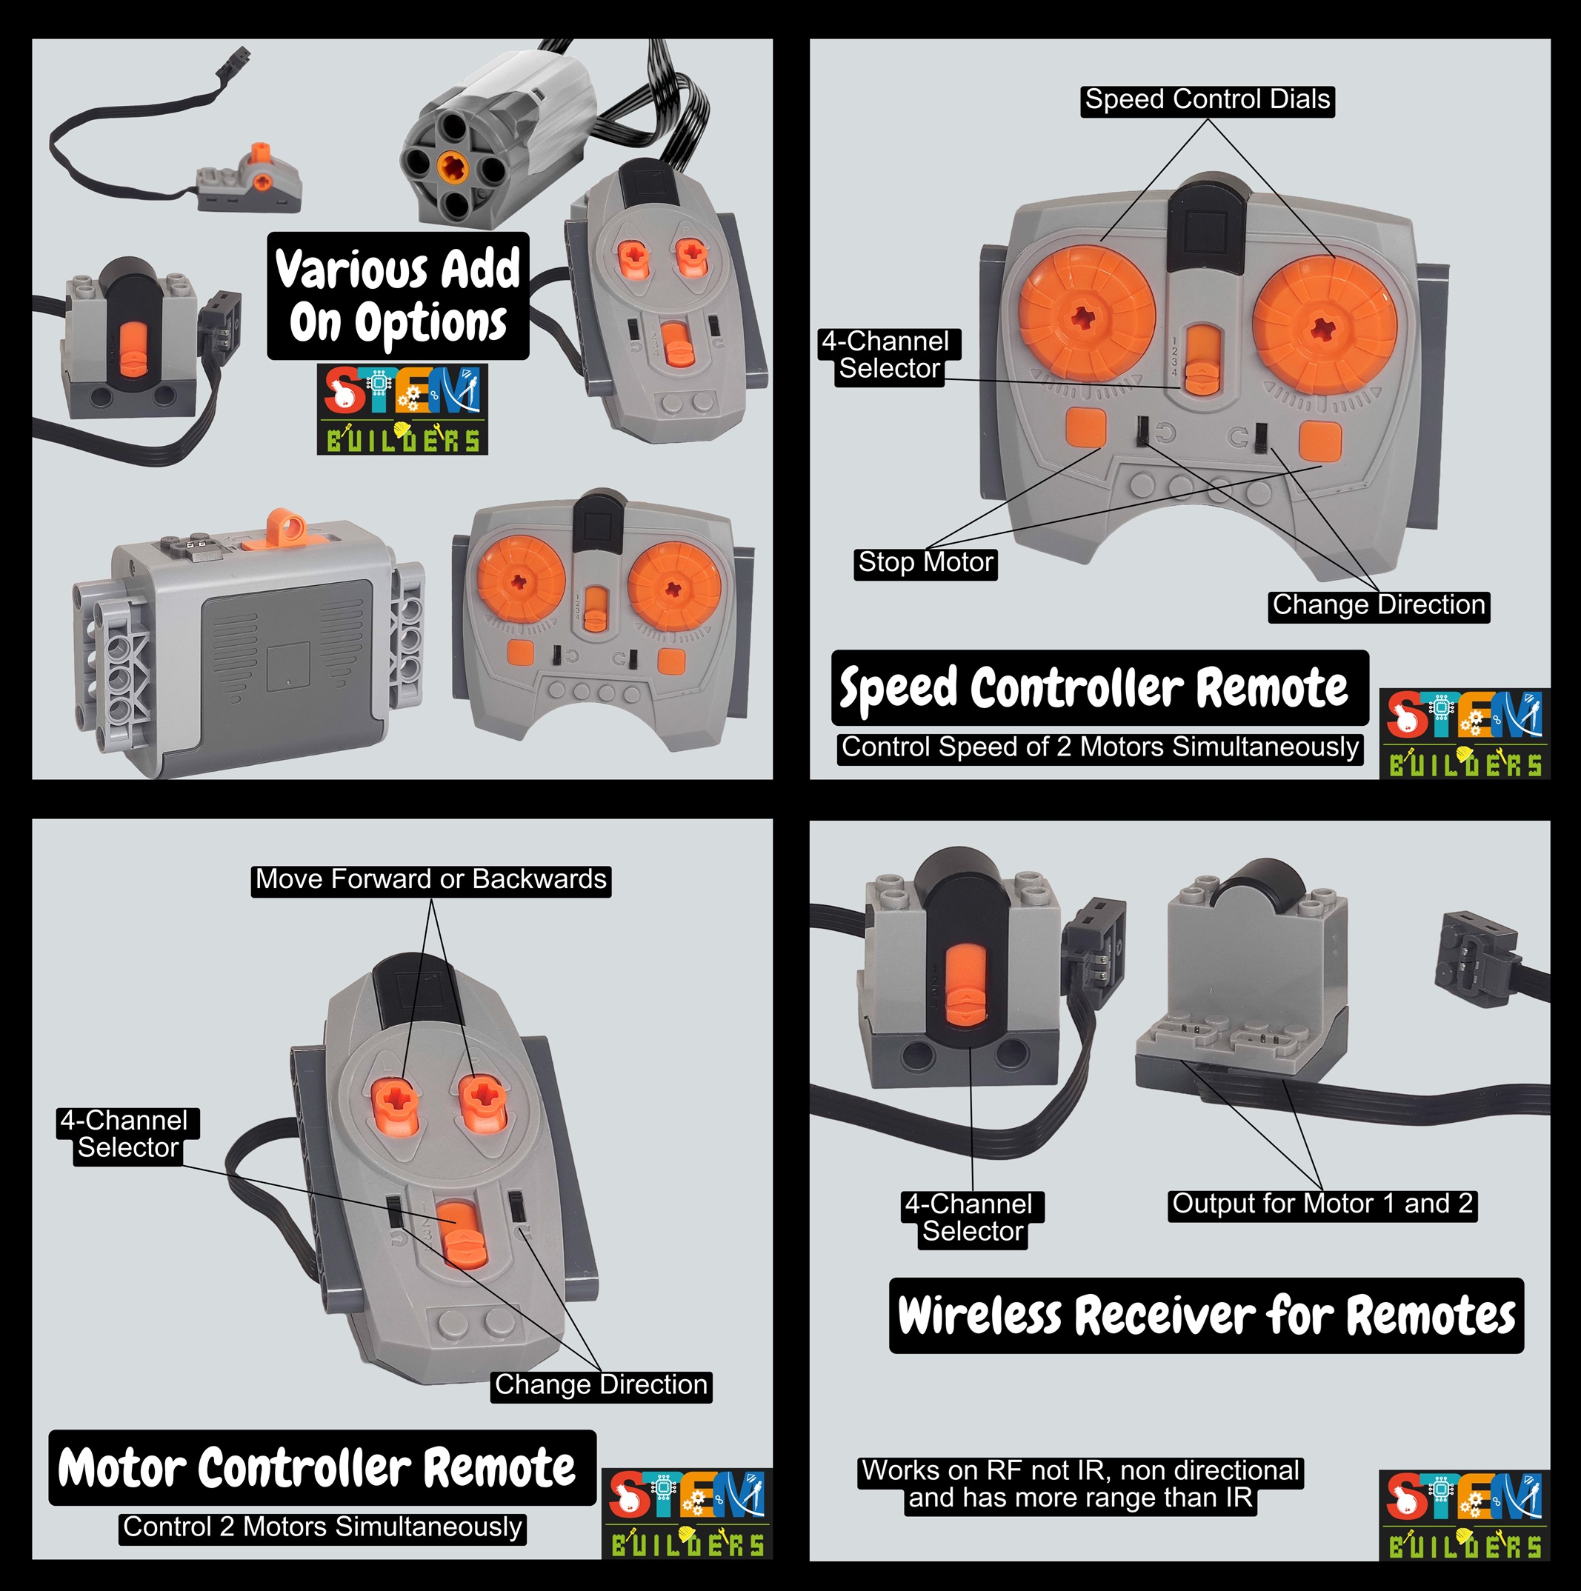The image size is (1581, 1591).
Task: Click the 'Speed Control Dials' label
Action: click(1207, 101)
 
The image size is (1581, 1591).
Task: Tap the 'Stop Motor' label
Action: click(925, 563)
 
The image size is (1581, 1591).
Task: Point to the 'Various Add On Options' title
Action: click(398, 296)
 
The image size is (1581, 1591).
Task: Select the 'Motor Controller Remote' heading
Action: click(322, 1467)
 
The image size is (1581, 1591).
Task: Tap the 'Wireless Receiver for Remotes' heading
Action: click(1206, 1315)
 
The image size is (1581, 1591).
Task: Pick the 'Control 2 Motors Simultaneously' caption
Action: click(322, 1527)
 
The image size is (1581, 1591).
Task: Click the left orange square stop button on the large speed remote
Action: click(1086, 427)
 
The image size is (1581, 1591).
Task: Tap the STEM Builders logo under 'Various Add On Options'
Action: click(403, 410)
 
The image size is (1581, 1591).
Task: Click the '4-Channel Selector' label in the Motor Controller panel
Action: click(127, 1135)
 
